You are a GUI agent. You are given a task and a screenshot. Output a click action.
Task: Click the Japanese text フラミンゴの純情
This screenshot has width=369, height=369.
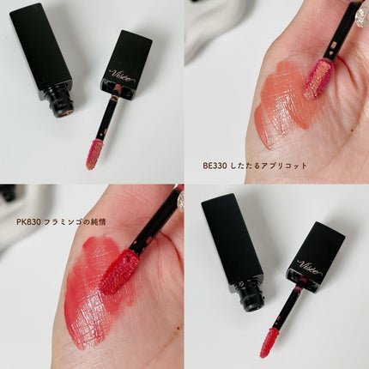coord(76,222)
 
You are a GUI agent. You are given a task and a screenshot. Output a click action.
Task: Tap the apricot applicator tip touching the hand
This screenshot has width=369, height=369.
coord(318,79)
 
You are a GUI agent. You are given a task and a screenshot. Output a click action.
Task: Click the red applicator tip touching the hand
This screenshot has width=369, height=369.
coord(119,271)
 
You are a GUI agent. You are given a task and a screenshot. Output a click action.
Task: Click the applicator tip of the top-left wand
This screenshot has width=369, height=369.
coord(94,154)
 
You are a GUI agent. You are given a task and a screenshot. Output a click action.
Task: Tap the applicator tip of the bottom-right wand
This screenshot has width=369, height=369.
coord(268,342)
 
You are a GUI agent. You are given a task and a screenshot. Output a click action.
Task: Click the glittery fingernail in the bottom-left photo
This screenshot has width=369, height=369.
coord(181,203)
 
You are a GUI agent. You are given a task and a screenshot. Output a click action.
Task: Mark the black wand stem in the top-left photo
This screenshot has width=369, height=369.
coord(106,119)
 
